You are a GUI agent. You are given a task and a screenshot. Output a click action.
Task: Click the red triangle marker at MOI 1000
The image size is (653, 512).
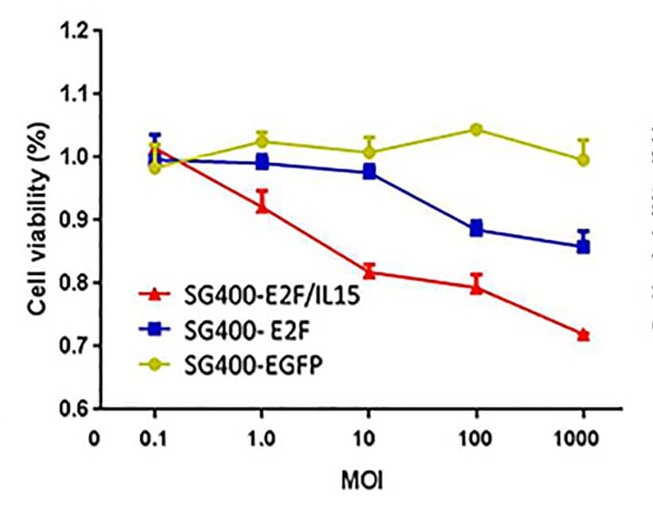click(x=584, y=335)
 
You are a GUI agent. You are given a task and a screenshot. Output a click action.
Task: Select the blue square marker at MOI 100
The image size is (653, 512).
click(x=476, y=229)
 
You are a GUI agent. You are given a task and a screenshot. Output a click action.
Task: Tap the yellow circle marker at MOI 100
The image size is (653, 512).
click(x=476, y=130)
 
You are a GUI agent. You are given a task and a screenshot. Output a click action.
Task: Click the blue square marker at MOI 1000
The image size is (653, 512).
click(x=584, y=246)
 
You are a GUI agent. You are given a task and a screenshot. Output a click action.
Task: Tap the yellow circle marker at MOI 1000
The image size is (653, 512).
click(x=584, y=160)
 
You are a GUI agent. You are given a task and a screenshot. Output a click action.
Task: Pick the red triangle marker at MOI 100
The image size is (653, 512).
click(x=476, y=287)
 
